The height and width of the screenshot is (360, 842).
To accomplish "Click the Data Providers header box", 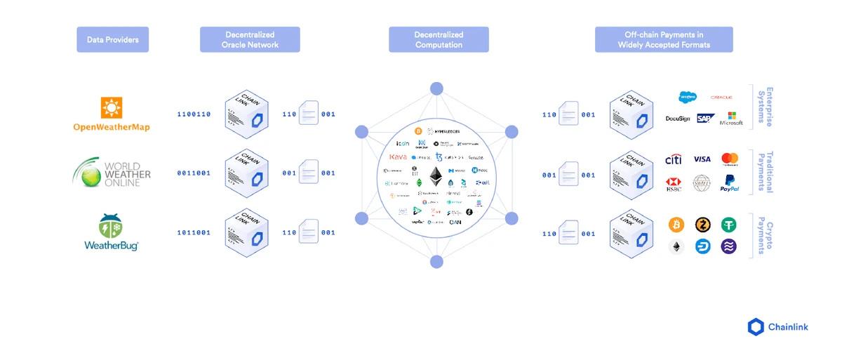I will coord(112,39).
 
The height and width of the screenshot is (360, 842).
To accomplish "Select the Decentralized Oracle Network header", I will coord(250,39).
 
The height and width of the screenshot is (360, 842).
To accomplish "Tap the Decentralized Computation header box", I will coord(439,39).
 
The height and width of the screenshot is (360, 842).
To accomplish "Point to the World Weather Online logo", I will coord(112,173).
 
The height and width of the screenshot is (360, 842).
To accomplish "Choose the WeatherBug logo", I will coord(112,232).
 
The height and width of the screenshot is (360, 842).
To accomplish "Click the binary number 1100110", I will coord(194,114).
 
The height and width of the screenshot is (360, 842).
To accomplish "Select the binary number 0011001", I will coord(194,173).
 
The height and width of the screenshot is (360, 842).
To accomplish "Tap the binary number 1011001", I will coord(194,232).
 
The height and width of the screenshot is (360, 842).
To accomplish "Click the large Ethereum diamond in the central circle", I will coord(436,176).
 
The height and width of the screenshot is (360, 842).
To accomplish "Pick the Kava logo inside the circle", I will coord(398,156).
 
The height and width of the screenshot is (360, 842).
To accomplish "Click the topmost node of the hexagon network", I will coord(436,88).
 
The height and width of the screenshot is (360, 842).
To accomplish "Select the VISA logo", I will coord(702,159).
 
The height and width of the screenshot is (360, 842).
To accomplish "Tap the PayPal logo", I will coord(730,183).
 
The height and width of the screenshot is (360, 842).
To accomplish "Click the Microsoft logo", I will coord(730,119).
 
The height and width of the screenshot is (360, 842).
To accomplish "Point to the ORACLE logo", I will coord(721,98).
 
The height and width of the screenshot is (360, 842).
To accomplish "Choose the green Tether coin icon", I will coord(729,225).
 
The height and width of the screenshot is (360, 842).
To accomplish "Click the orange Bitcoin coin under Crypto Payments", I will coord(676,225).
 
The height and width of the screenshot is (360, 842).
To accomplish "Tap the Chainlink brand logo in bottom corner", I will coord(777,327).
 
